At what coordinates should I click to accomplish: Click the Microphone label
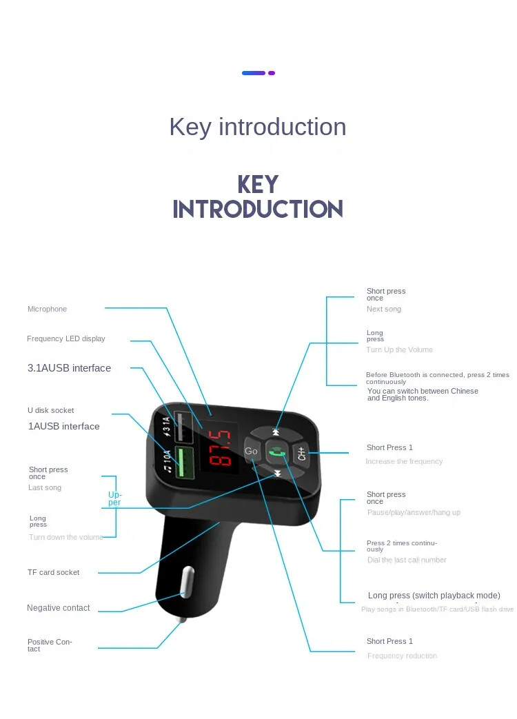[48, 309]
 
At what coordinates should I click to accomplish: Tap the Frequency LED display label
[66, 338]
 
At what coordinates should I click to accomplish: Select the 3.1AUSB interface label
[69, 368]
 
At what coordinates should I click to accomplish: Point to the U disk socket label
[50, 410]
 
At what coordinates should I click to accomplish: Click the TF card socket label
[53, 572]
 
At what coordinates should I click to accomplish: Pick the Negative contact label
[59, 608]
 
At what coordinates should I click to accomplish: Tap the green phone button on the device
[277, 452]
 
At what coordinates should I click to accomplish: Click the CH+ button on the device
[301, 453]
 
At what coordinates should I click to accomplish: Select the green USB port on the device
[183, 463]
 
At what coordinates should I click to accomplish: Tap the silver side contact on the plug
[186, 582]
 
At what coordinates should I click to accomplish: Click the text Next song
[384, 310]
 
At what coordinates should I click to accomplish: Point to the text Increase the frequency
[404, 461]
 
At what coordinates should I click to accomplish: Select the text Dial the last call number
[407, 560]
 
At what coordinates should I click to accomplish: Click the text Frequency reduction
[402, 656]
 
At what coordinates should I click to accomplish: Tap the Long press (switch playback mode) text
[434, 596]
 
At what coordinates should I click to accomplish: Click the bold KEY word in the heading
[258, 184]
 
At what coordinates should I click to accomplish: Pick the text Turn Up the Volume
[400, 350]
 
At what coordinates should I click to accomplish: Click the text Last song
[45, 487]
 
